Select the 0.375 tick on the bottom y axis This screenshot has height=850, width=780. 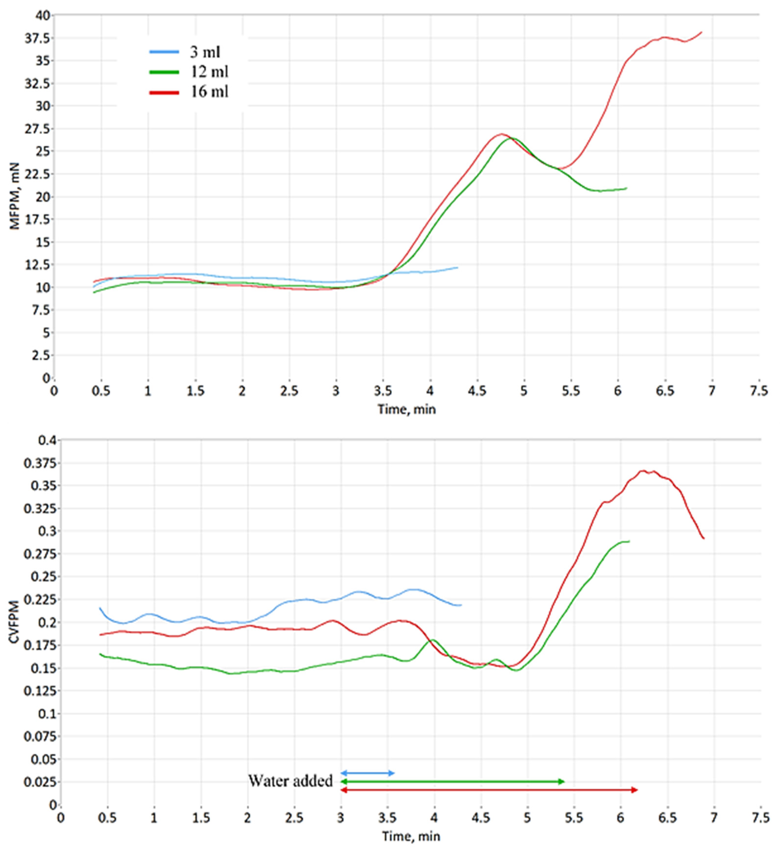41,464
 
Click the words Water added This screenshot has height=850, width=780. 290,781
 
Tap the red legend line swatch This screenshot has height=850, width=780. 164,92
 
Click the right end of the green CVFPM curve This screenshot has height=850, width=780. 629,541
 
